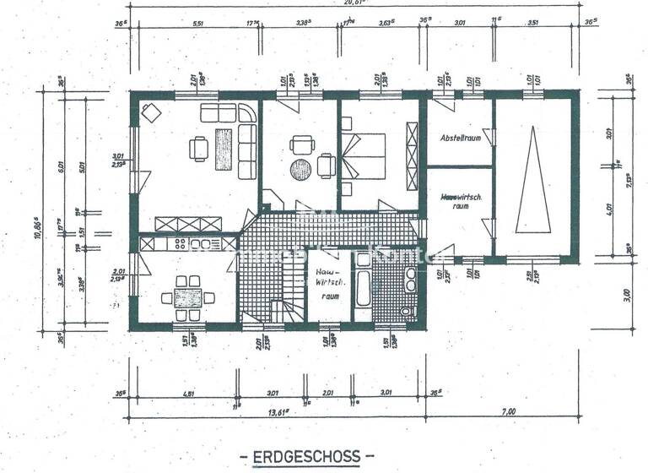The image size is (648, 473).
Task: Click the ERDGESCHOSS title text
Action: (306, 456)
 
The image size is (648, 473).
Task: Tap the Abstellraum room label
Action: (459, 137)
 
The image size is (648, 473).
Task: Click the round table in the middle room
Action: (301, 170)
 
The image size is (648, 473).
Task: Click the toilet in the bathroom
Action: (408, 312)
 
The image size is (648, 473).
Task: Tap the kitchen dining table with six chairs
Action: (187, 296)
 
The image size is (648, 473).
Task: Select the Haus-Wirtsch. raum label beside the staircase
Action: (327, 285)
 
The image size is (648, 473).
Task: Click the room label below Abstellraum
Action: (456, 200)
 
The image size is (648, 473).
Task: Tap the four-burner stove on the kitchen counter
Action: (181, 244)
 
